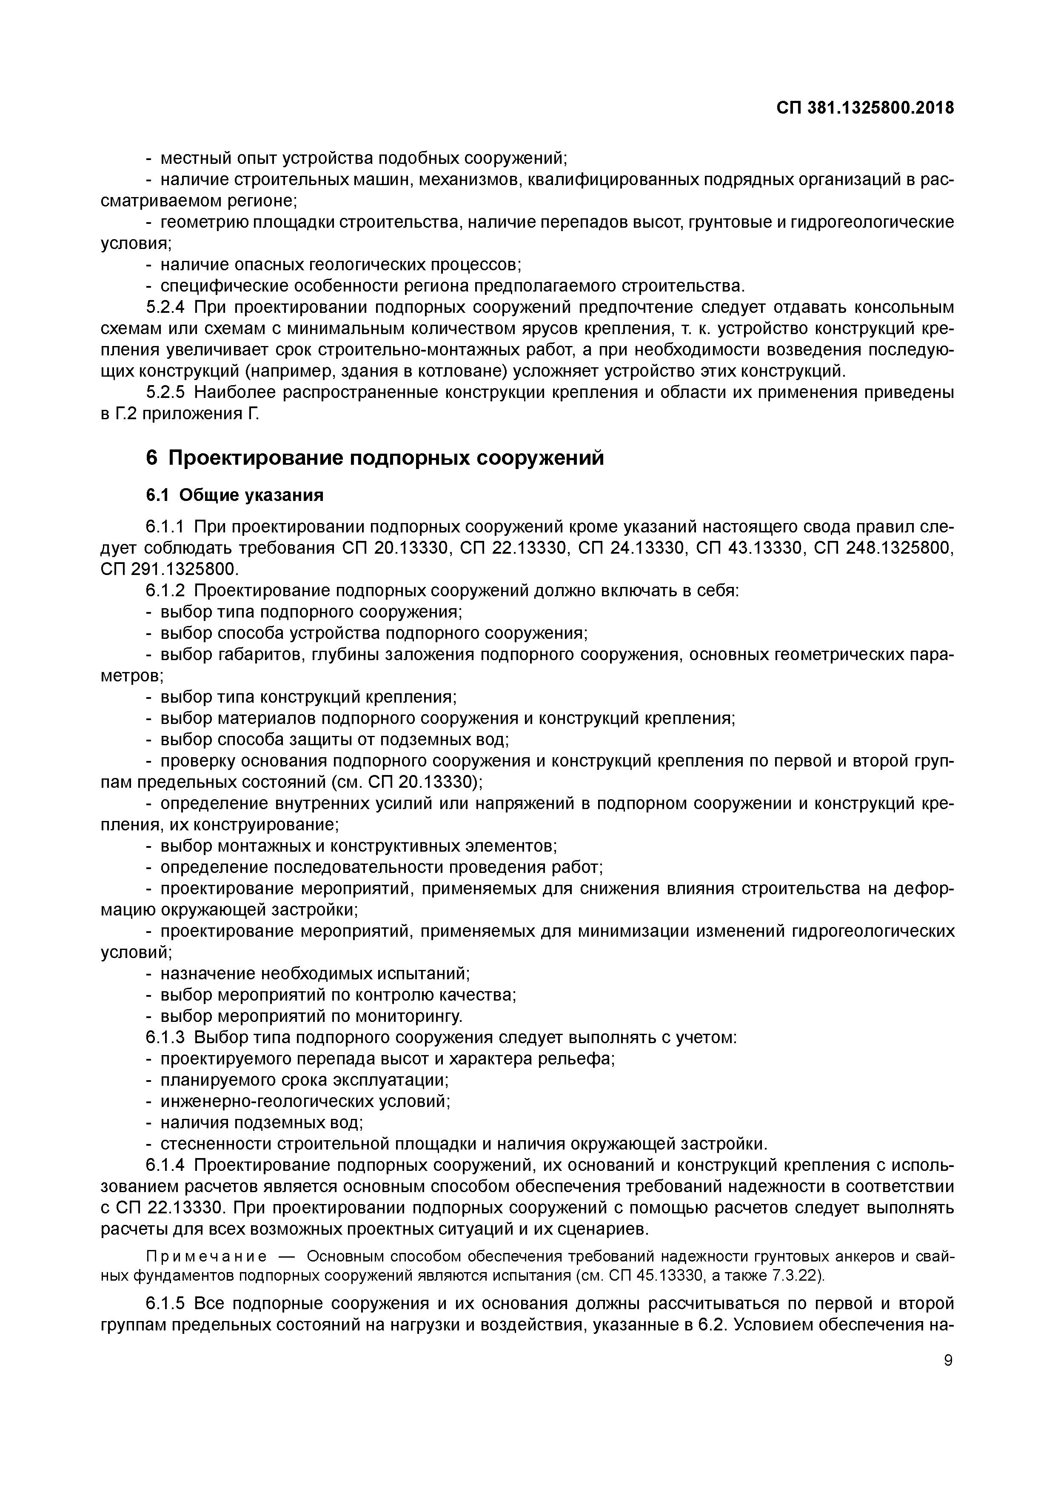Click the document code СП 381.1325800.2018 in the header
865,108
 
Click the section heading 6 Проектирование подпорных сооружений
374,458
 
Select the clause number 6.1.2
166,590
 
